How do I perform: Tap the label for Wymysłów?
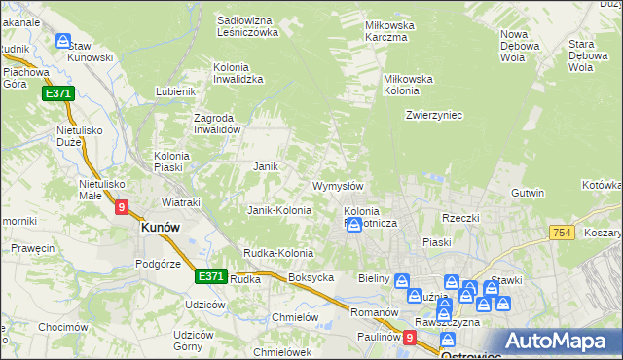point(337,186)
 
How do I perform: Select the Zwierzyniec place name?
point(433,115)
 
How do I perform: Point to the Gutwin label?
point(527,193)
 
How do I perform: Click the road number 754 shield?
point(562,232)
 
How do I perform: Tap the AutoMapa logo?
point(559,342)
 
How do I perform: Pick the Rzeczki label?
point(460,218)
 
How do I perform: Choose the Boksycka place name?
point(311,277)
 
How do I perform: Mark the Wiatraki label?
point(180,202)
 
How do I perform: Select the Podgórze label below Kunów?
point(160,263)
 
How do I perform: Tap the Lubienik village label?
point(176,92)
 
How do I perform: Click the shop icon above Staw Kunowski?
point(63,41)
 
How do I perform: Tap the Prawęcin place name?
point(33,248)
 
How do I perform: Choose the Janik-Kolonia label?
point(279,210)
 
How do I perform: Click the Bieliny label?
point(374,279)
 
